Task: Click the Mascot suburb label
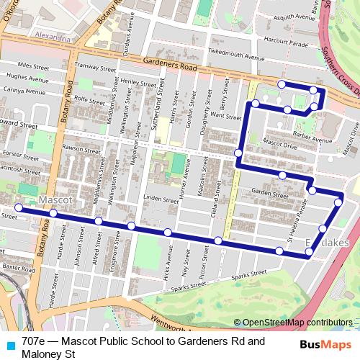point(54,198)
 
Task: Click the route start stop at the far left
point(18,209)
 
